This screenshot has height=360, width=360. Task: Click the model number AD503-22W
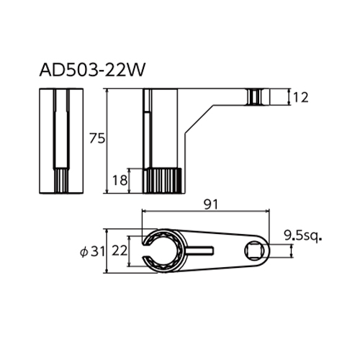pyautogui.click(x=92, y=70)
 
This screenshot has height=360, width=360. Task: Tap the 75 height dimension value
pyautogui.click(x=97, y=138)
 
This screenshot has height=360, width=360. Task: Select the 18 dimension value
pyautogui.click(x=120, y=180)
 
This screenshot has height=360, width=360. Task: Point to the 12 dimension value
pyautogui.click(x=300, y=98)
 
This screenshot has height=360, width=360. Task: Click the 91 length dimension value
pyautogui.click(x=211, y=204)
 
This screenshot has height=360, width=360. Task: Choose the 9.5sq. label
pyautogui.click(x=303, y=235)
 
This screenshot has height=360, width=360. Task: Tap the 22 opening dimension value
pyautogui.click(x=120, y=251)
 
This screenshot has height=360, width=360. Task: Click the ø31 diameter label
pyautogui.click(x=92, y=252)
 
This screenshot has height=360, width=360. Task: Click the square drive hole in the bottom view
pyautogui.click(x=254, y=251)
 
